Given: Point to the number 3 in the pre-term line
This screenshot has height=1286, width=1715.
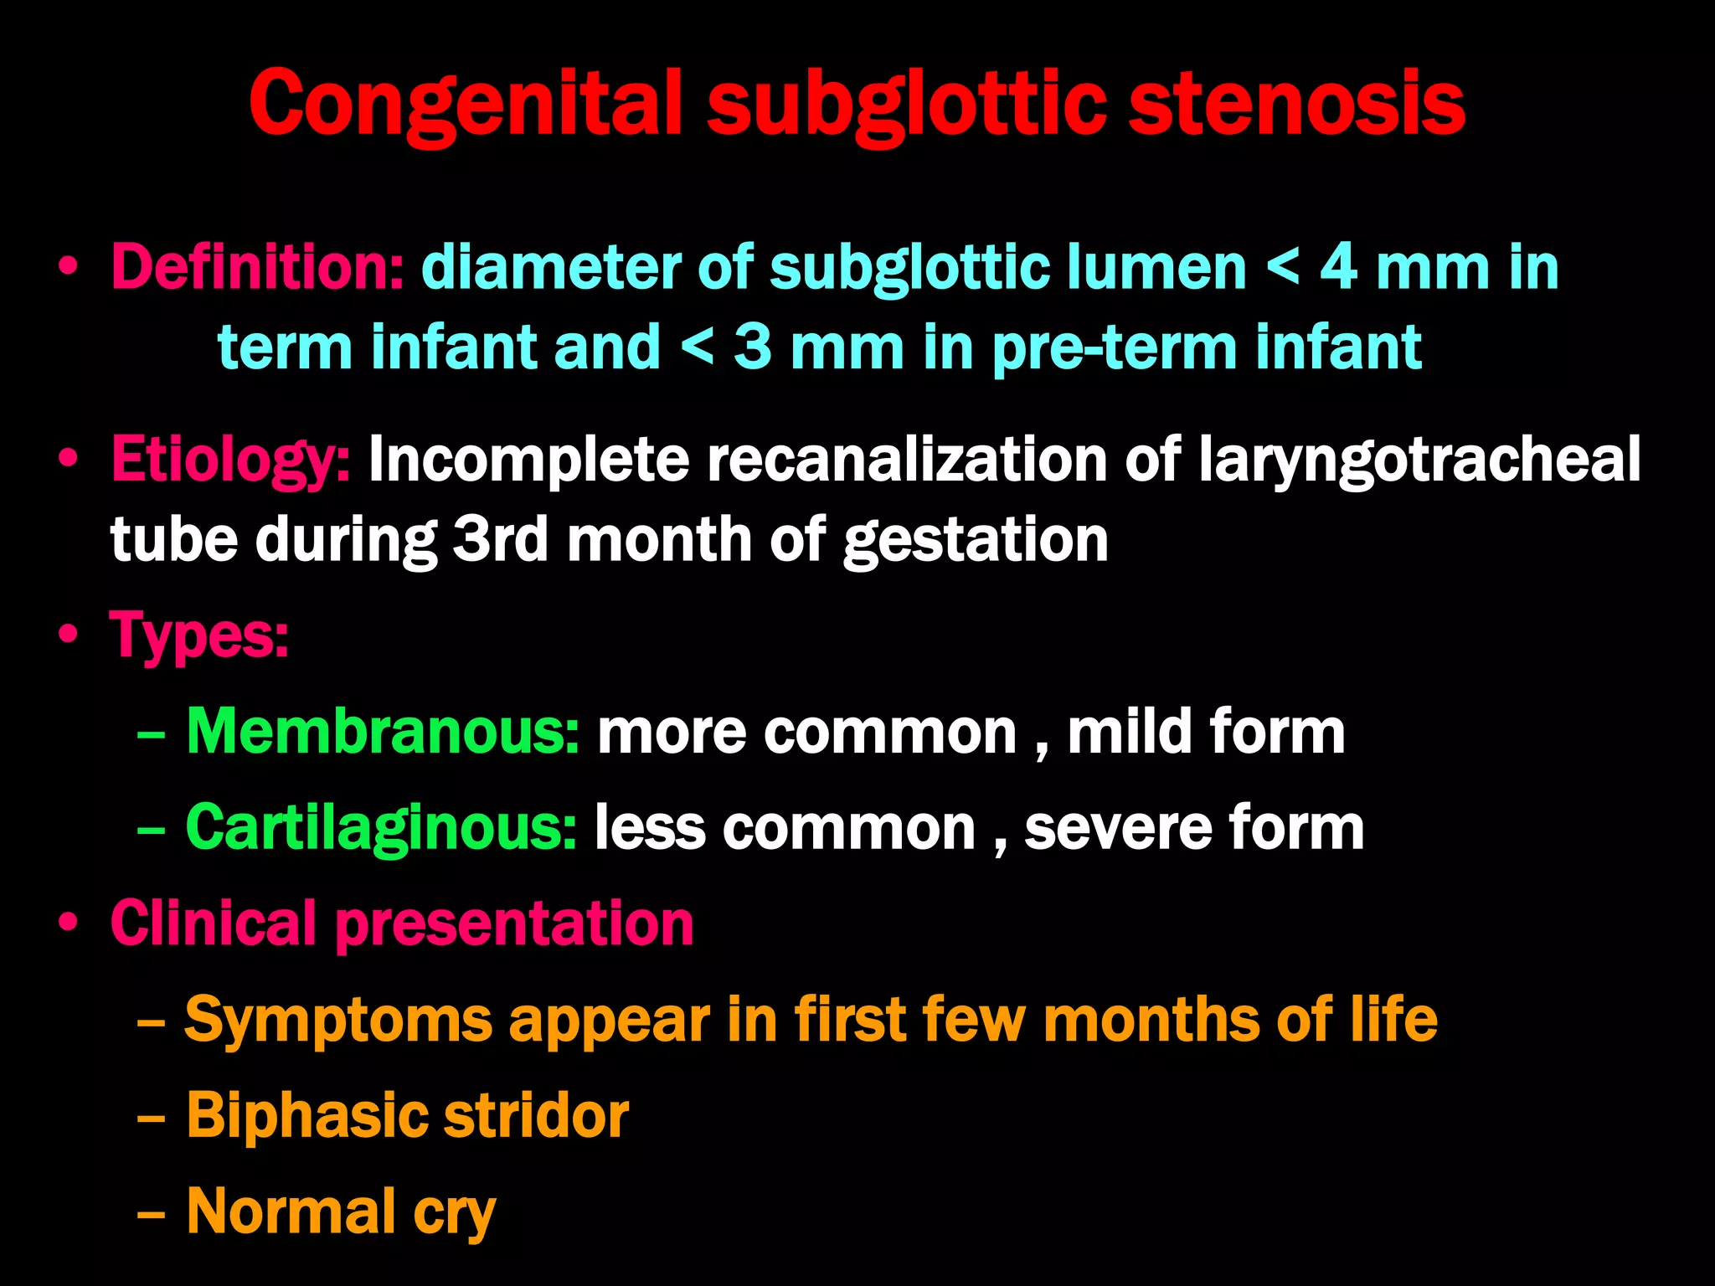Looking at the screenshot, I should click(752, 347).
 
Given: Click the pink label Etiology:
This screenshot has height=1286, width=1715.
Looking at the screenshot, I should click(231, 460).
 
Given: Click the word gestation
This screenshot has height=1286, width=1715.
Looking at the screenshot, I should click(976, 540).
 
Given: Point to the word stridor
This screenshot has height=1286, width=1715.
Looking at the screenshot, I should click(536, 1116).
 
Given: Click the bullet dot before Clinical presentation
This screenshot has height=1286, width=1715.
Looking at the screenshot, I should click(69, 923).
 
